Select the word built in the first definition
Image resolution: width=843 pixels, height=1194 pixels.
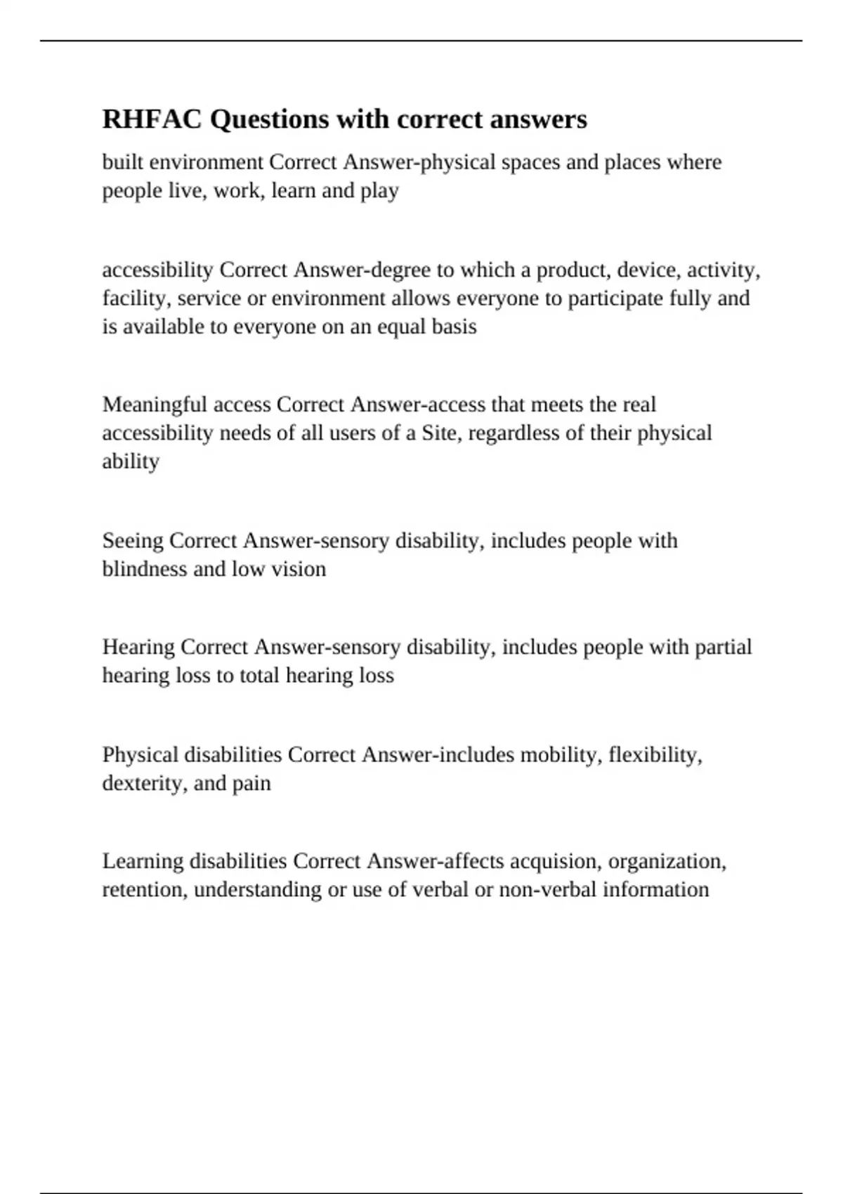click(123, 162)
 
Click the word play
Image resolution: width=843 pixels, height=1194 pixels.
click(379, 191)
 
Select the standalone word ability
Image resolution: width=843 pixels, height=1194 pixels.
click(131, 461)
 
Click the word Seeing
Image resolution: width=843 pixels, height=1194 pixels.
click(133, 541)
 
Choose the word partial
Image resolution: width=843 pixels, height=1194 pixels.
click(723, 647)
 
